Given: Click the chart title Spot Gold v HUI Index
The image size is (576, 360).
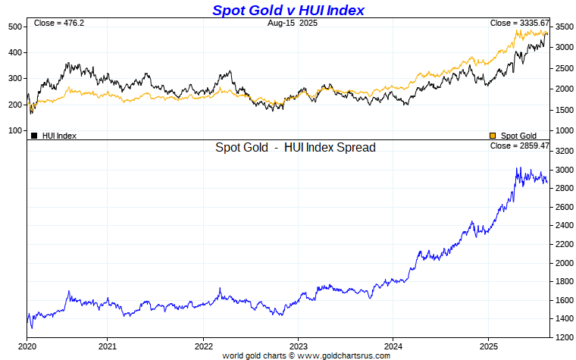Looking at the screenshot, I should (x=288, y=10).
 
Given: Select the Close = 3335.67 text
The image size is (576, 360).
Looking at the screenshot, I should (x=519, y=23).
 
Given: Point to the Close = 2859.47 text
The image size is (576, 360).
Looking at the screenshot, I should (x=519, y=146).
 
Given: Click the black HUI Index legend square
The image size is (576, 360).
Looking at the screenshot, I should (x=34, y=136).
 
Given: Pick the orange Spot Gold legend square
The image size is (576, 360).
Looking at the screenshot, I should (x=493, y=136).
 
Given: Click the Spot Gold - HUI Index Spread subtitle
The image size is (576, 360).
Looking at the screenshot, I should (x=296, y=148).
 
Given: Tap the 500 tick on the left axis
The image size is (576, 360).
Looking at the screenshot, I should (x=15, y=27).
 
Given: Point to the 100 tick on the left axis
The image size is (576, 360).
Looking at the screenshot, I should (x=15, y=130).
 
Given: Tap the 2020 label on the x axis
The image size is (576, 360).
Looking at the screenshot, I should (x=27, y=346).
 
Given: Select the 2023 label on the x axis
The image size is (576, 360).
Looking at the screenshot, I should (x=298, y=346).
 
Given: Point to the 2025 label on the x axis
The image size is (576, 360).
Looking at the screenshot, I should (x=488, y=346).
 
